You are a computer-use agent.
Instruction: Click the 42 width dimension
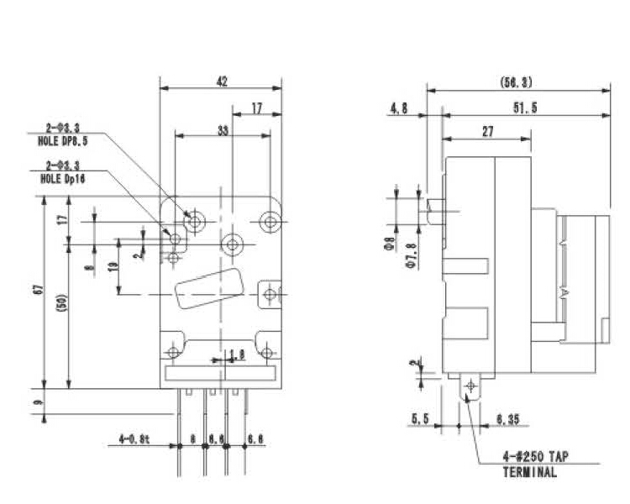point(222,81)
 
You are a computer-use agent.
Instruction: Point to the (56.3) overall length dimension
point(516,82)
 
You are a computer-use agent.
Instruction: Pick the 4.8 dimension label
point(398,108)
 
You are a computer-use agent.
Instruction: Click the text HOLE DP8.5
point(63,142)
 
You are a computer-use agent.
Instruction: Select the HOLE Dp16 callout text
point(63,179)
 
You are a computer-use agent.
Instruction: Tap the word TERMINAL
point(529,472)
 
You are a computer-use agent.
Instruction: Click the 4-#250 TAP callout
point(534,457)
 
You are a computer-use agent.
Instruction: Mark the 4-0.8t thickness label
point(134,438)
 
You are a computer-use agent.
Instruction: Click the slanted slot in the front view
point(210,287)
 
